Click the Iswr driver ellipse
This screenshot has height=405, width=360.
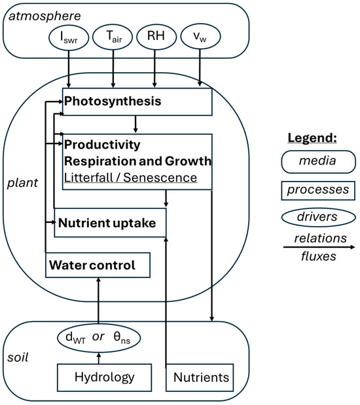coord(69,37)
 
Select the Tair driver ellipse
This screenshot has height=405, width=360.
coord(113,37)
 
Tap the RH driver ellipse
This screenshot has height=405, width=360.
coord(156,37)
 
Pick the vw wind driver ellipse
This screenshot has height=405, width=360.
coord(200,36)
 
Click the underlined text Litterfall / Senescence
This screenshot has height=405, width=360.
coord(130,178)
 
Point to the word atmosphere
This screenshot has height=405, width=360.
coord(45,16)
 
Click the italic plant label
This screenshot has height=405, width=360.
coord(22,183)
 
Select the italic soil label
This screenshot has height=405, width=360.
coord(18,357)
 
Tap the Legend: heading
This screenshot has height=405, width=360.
coord(312,138)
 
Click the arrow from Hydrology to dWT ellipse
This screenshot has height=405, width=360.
coord(99,358)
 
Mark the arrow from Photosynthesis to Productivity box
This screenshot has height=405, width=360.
coord(135,125)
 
